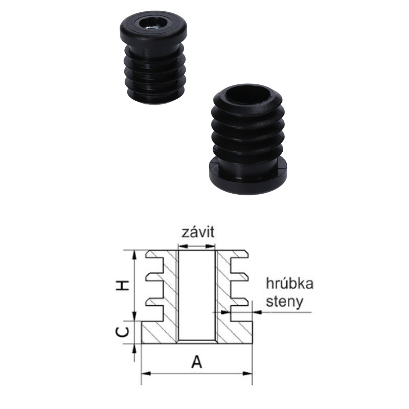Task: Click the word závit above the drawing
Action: point(198,232)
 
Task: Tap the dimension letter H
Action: point(122,286)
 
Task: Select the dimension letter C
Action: point(122,332)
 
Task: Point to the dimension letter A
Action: point(196,362)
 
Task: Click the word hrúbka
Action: point(289,284)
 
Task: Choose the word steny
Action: point(284,302)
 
